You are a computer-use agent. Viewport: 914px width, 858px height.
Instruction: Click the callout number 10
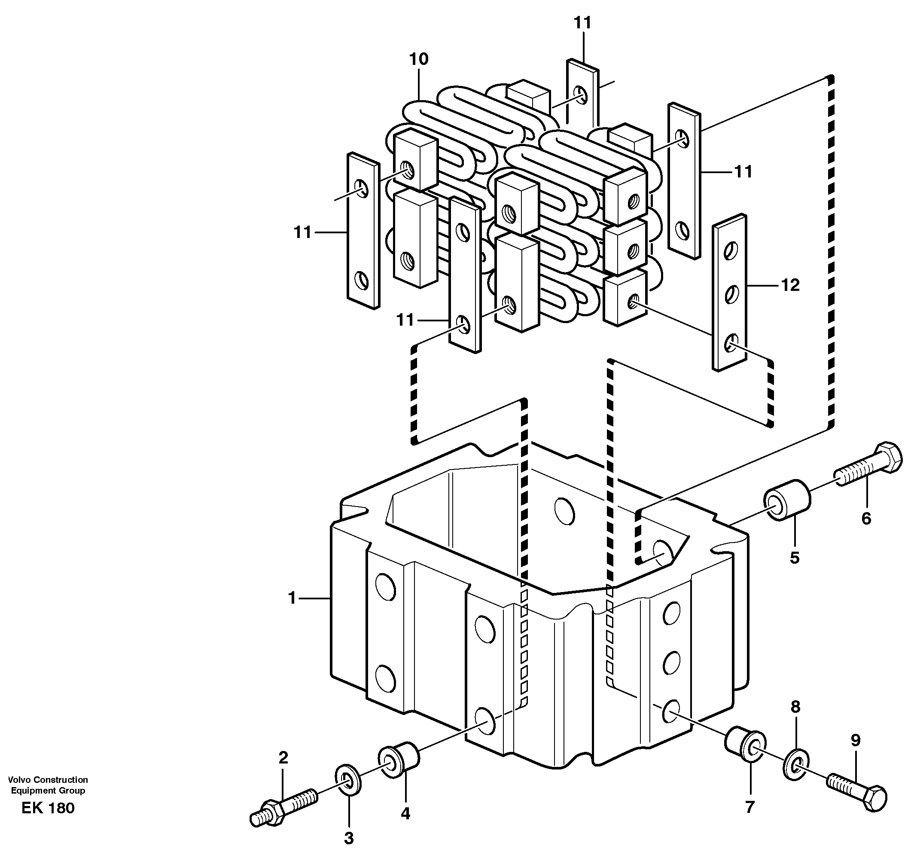pyautogui.click(x=418, y=59)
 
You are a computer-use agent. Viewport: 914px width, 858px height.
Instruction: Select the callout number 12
pyautogui.click(x=790, y=286)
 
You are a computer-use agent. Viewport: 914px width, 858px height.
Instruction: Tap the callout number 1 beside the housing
pyautogui.click(x=292, y=598)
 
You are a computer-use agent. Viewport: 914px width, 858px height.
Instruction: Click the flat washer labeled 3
pyautogui.click(x=348, y=780)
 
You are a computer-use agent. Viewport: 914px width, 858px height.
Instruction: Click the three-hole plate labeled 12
pyautogui.click(x=729, y=293)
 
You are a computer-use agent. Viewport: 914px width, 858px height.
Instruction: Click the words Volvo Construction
pyautogui.click(x=48, y=780)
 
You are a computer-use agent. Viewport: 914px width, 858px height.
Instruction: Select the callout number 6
pyautogui.click(x=866, y=519)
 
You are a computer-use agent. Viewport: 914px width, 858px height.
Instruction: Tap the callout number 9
pyautogui.click(x=855, y=740)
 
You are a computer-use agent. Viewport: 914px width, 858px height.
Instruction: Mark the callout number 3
pyautogui.click(x=349, y=838)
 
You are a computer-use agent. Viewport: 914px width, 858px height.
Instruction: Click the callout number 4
pyautogui.click(x=405, y=813)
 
